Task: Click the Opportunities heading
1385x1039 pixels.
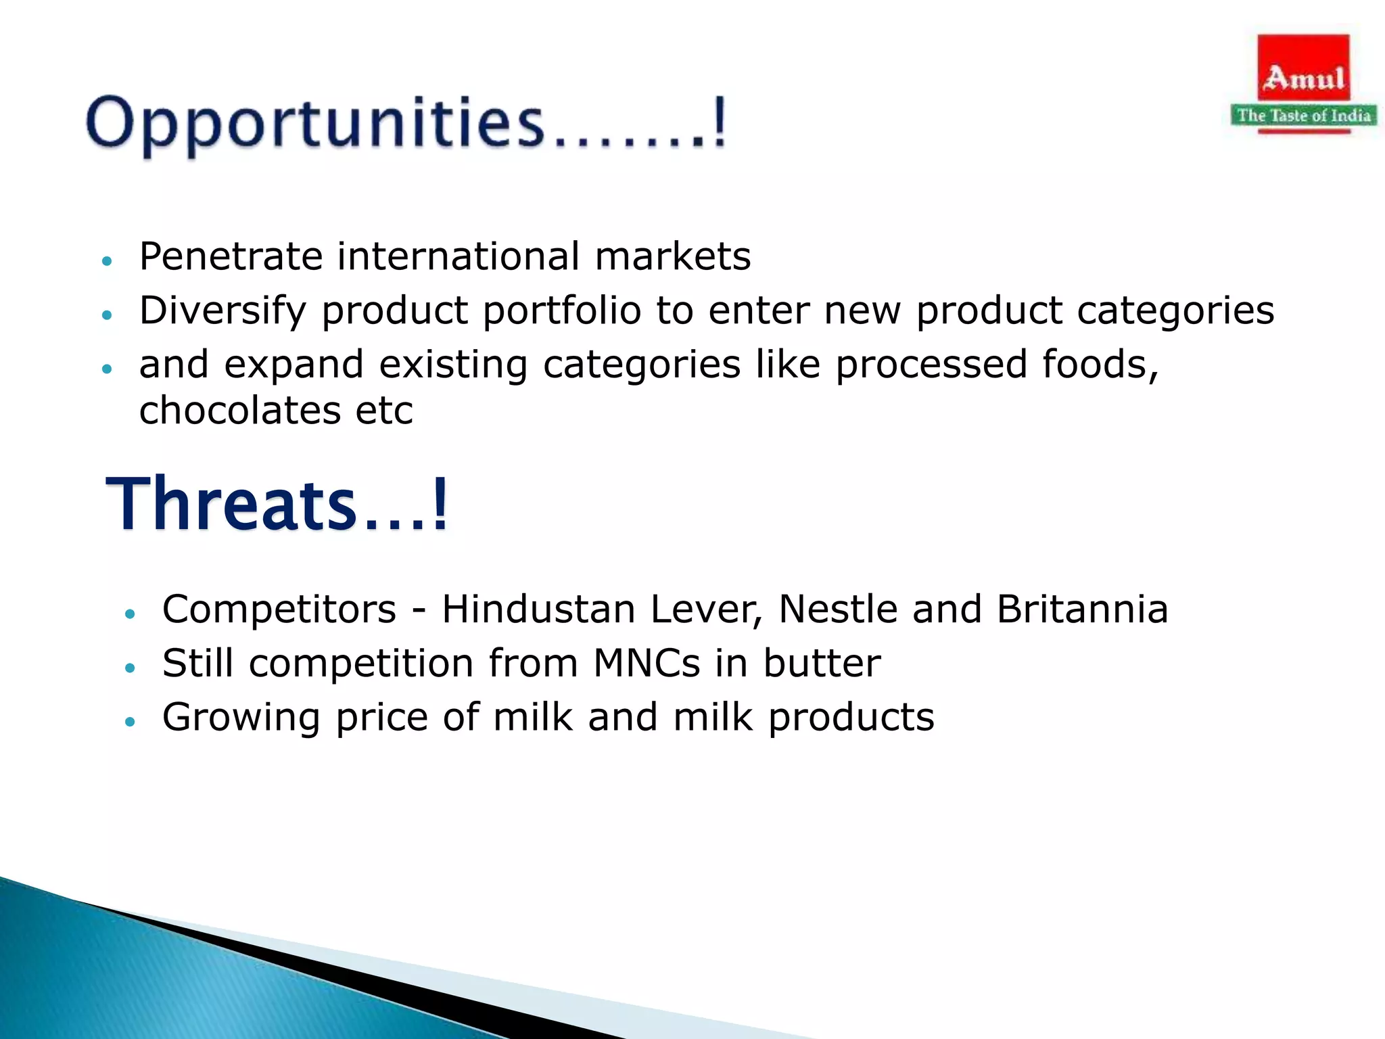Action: coord(406,124)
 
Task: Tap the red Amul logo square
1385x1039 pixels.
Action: coord(1303,68)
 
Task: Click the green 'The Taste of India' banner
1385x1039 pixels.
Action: coord(1303,116)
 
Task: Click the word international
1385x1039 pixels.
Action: coord(458,256)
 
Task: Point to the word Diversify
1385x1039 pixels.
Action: coord(222,311)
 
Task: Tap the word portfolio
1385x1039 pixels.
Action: coord(561,311)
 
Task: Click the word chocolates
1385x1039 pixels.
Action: coord(239,411)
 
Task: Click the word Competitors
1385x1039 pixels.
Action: coord(279,609)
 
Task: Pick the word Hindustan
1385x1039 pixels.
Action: coord(538,609)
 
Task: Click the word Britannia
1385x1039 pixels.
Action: coord(1082,609)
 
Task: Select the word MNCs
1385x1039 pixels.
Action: coord(647,663)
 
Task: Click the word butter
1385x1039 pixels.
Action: coord(822,663)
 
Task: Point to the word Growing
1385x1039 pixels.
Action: coord(241,718)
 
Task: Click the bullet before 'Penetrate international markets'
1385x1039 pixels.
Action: coord(106,260)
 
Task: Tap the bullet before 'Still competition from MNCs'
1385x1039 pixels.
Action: coord(130,668)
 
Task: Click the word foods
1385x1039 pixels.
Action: coord(1100,365)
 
